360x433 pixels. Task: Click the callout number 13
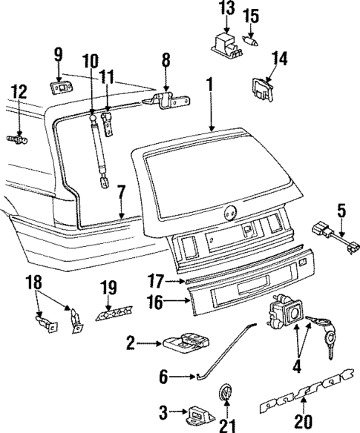pos(225,9)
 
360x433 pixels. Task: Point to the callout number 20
pos(301,422)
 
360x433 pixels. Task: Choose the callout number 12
pos(18,92)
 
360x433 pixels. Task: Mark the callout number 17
pos(154,282)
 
